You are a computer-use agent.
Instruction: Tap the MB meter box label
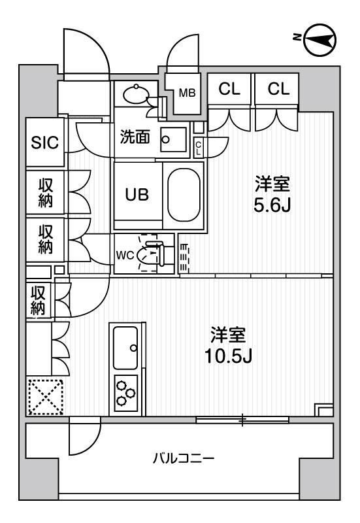pyautogui.click(x=187, y=92)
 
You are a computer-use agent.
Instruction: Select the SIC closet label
pyautogui.click(x=45, y=143)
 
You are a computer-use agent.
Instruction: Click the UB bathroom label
pyautogui.click(x=137, y=194)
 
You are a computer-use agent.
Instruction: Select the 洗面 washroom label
pyautogui.click(x=135, y=137)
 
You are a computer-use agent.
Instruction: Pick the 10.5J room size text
pyautogui.click(x=228, y=356)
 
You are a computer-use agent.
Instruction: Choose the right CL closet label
pyautogui.click(x=277, y=90)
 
